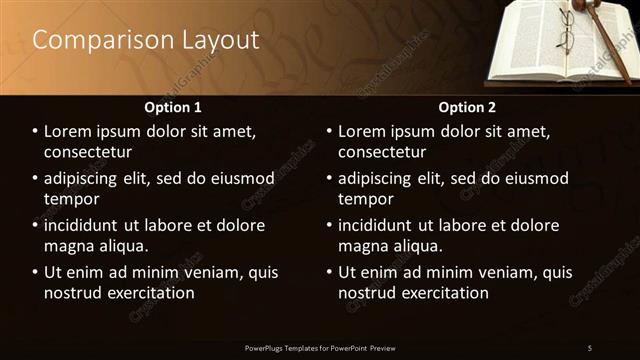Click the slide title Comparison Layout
[x=146, y=41]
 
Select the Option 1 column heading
[x=173, y=107]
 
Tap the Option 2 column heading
[x=467, y=107]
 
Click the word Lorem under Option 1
[x=71, y=131]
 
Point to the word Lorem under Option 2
[x=365, y=131]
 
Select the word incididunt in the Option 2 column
[x=384, y=225]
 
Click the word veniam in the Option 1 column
[x=213, y=272]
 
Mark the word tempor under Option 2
[x=366, y=199]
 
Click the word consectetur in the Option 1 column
[x=88, y=152]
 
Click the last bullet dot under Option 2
[x=330, y=272]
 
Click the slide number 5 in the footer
[x=589, y=348]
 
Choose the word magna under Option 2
[x=362, y=246]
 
